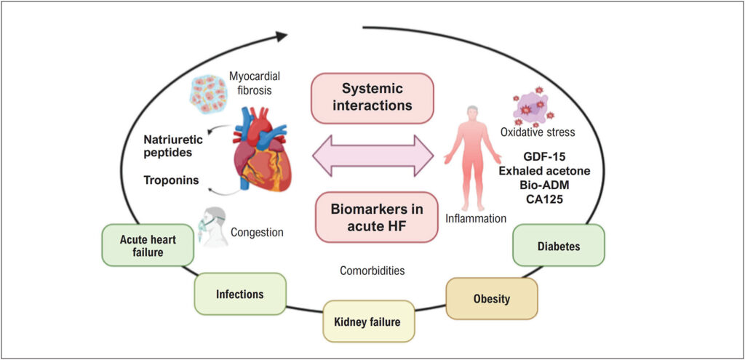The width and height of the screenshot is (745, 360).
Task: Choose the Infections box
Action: (x=239, y=294)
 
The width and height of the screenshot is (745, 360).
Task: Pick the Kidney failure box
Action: (x=367, y=321)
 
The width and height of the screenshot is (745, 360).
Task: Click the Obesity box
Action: (x=492, y=298)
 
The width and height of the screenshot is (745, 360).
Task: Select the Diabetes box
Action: (x=559, y=246)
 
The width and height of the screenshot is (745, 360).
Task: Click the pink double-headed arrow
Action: (x=372, y=156)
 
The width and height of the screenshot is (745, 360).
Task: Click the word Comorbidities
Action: (x=372, y=271)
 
